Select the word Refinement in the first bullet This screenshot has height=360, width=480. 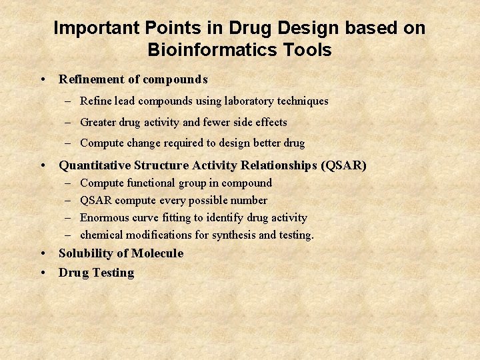coord(91,79)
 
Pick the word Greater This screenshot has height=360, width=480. coord(97,122)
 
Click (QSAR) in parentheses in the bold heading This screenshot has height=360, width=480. coord(343,165)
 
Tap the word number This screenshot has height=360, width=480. coord(249,200)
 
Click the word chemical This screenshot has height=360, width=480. coord(100,235)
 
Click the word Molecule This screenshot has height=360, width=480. coord(157,253)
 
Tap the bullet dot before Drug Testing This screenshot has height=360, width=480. coord(43,273)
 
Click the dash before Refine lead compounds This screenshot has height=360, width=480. coord(69,101)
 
